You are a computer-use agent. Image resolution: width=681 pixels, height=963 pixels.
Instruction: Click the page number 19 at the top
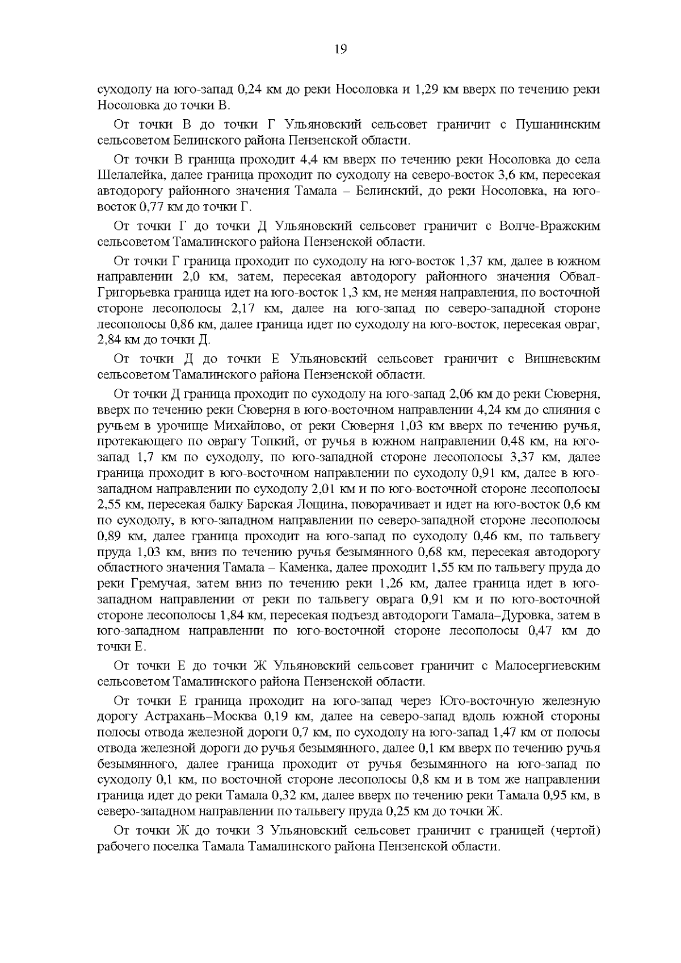pos(340,49)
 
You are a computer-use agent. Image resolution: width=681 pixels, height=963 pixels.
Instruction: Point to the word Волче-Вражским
pos(549,226)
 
